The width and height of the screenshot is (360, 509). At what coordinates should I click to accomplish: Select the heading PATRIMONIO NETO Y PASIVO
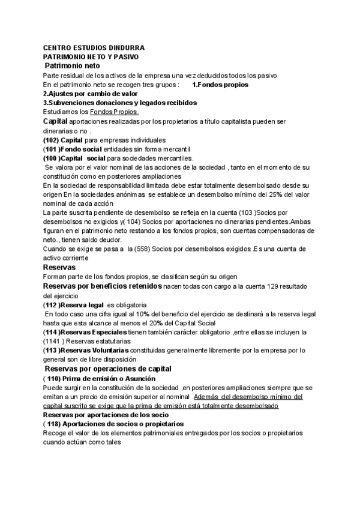click(x=91, y=56)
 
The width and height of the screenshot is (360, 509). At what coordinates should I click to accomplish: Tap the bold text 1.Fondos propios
click(x=220, y=85)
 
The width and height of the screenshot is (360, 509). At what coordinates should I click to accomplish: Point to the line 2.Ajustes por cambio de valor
click(x=91, y=94)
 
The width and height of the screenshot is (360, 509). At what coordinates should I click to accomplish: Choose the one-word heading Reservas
click(x=59, y=267)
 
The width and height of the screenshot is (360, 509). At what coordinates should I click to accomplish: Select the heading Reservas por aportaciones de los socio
click(x=106, y=415)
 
